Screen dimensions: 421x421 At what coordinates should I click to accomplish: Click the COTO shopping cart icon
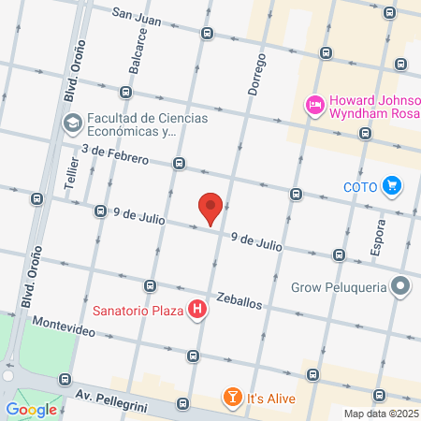coord(392,186)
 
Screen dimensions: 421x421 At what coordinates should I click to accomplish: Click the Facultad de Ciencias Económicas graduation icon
coord(72,123)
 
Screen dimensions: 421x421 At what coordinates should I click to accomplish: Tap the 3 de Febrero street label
coord(114,154)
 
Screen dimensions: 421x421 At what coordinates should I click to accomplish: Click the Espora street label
coord(378,236)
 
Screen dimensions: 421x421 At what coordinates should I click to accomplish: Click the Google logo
coord(31,409)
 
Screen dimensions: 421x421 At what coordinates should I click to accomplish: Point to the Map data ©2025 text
coord(380,414)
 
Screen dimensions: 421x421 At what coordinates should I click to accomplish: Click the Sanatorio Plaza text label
coord(138,309)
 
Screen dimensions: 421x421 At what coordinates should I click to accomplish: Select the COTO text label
coord(359,186)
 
